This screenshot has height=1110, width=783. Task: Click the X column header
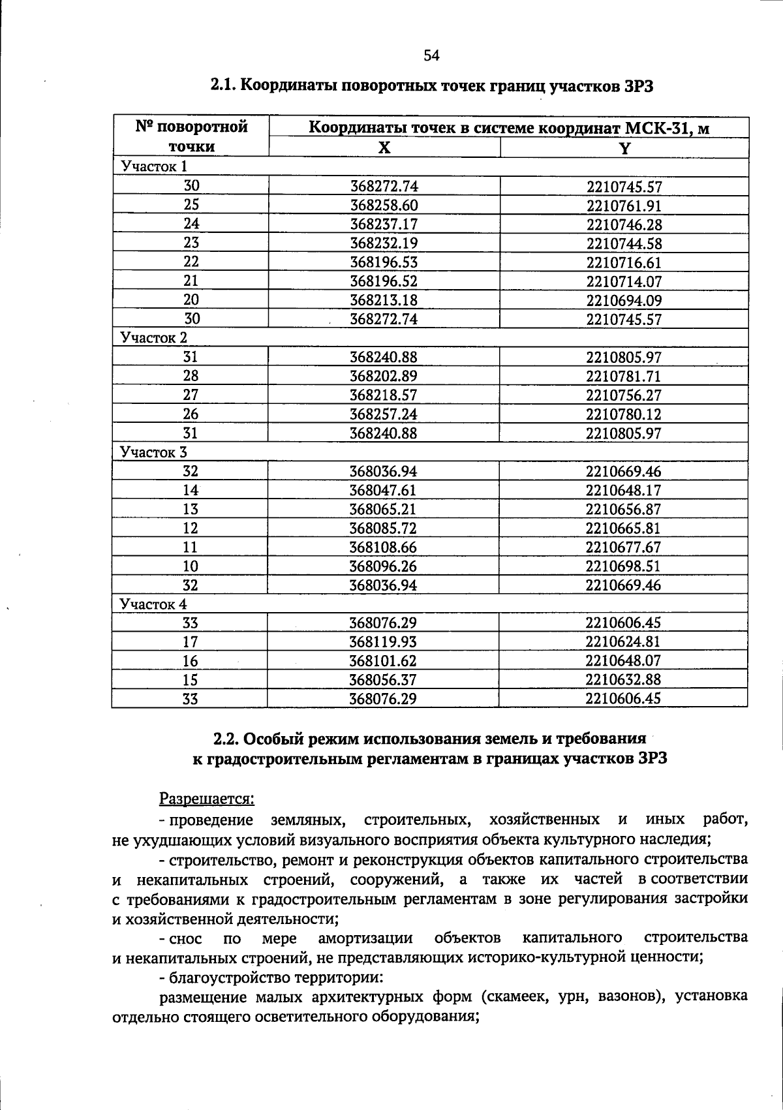tap(384, 147)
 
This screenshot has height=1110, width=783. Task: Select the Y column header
tap(624, 148)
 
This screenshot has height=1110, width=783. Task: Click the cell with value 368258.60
tap(384, 206)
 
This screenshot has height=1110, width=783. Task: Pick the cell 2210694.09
tap(624, 301)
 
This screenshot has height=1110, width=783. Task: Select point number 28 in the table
tap(191, 376)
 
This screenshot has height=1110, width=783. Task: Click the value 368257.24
tap(384, 414)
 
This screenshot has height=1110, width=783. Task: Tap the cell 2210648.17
tap(624, 490)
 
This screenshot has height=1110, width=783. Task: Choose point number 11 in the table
tap(191, 547)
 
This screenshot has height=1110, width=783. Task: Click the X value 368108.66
tap(384, 547)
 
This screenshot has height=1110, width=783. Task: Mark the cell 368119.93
tap(384, 642)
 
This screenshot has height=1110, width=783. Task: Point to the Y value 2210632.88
tap(624, 680)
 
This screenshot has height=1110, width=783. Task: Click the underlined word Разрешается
tap(207, 798)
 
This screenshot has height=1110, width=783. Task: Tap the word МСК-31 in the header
tap(657, 128)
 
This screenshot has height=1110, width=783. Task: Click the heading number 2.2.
tap(228, 739)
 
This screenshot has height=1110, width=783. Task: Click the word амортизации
tap(365, 938)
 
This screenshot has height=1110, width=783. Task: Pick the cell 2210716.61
tap(624, 263)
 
